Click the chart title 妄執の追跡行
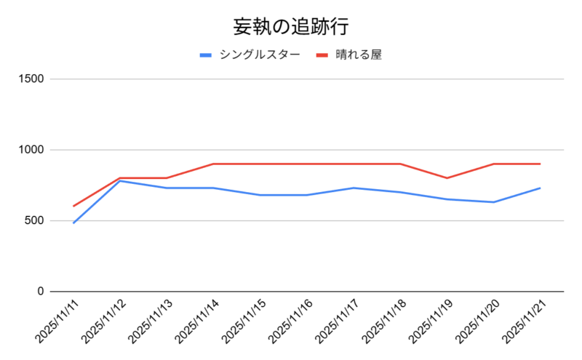tap(290, 27)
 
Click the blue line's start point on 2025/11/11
tap(73, 223)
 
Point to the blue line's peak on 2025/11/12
tap(120, 180)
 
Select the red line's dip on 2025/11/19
tap(447, 178)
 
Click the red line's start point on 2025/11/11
tap(73, 206)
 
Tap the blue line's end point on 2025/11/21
tap(540, 188)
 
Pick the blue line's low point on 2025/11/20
tap(493, 202)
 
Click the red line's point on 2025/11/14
tap(213, 164)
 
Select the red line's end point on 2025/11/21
tap(540, 164)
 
